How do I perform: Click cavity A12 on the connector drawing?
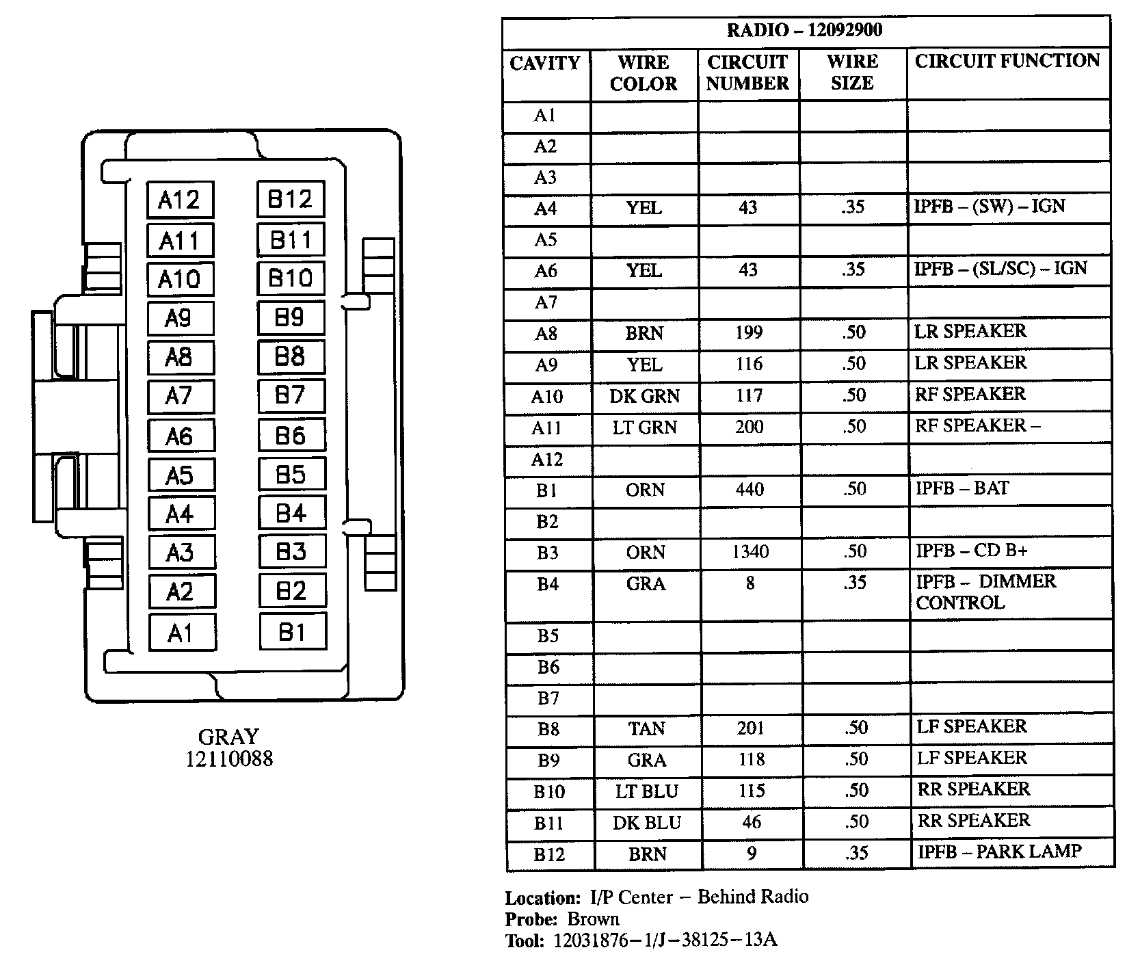coord(180,200)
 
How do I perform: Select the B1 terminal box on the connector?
coord(292,632)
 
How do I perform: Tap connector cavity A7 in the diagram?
coord(180,396)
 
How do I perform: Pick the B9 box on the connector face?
coord(290,318)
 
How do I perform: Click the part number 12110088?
coord(228,758)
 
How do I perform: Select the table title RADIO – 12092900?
coord(804,31)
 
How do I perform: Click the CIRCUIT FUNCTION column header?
coord(1007,61)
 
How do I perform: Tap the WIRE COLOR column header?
coord(644,72)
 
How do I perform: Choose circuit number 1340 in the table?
coord(750,552)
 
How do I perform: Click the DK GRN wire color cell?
coord(645,395)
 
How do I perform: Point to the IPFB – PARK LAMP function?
coord(999,852)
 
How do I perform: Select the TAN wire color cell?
coord(646,728)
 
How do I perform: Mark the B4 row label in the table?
coord(547,584)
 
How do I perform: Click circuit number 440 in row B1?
coord(750,490)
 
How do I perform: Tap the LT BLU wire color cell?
coord(646,791)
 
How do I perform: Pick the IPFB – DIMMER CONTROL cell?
coord(985,592)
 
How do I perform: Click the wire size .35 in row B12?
coord(856,853)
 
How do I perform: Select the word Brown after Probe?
coord(593,919)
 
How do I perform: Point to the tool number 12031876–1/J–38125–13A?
coord(664,940)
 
